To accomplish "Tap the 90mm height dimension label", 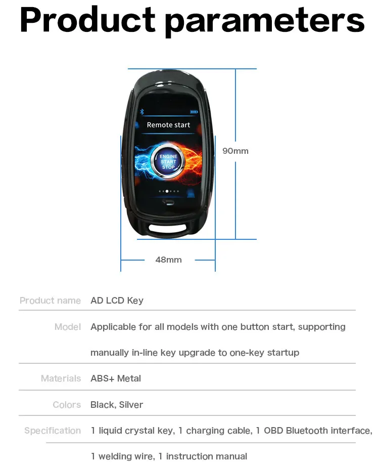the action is click(x=235, y=151).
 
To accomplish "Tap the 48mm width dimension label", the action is click(x=168, y=260).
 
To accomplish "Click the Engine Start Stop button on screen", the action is click(x=168, y=162).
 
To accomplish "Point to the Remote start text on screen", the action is click(x=168, y=124).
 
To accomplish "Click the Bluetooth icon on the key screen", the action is click(x=141, y=111).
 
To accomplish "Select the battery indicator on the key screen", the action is click(x=194, y=112).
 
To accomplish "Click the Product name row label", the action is click(x=50, y=301).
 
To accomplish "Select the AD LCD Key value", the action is click(x=117, y=301).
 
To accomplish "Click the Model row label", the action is click(x=68, y=327).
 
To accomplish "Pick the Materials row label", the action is click(x=61, y=378).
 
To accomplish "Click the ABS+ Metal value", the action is click(x=116, y=378).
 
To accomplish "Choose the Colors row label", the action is click(x=67, y=405).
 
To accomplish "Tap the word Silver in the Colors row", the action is click(x=131, y=405).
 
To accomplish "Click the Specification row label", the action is click(x=53, y=431).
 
